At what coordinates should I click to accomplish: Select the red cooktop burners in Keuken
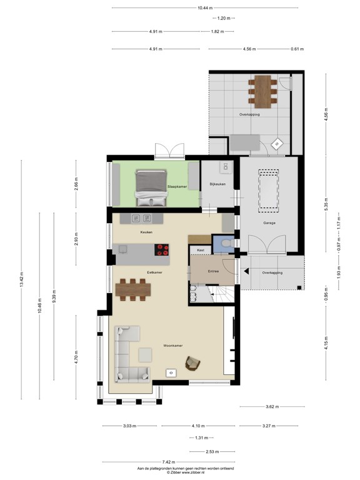tap(162, 249)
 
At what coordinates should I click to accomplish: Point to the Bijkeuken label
tap(217, 184)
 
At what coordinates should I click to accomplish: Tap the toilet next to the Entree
tap(226, 243)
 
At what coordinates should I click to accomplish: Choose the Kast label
tap(201, 251)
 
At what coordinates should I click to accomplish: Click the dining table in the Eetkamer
tap(133, 289)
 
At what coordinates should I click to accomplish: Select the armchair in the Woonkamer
tap(194, 362)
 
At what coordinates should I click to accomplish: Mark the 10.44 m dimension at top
tap(204, 8)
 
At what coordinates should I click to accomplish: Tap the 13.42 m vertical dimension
tap(21, 279)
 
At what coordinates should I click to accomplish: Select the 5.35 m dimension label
tap(326, 206)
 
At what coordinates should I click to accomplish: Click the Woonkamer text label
tap(172, 345)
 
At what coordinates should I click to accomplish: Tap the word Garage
tap(269, 222)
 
